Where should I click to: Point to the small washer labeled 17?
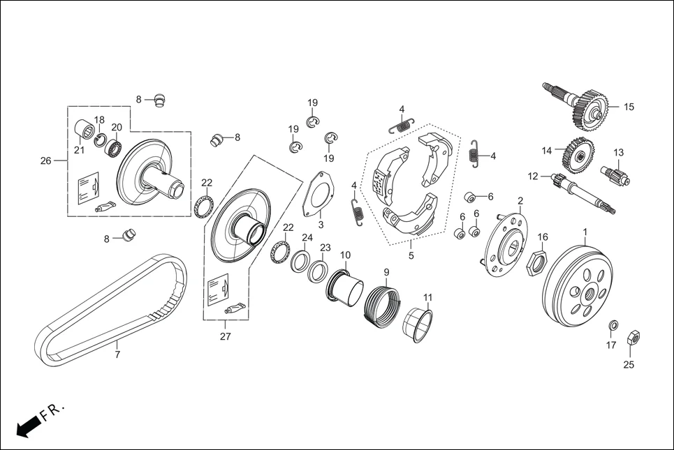click(613, 325)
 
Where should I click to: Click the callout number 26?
click(46, 161)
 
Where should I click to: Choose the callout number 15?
click(629, 107)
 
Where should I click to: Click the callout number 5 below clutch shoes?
click(411, 255)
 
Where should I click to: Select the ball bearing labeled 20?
click(114, 147)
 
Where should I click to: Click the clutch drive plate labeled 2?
click(508, 244)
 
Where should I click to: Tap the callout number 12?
click(534, 177)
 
